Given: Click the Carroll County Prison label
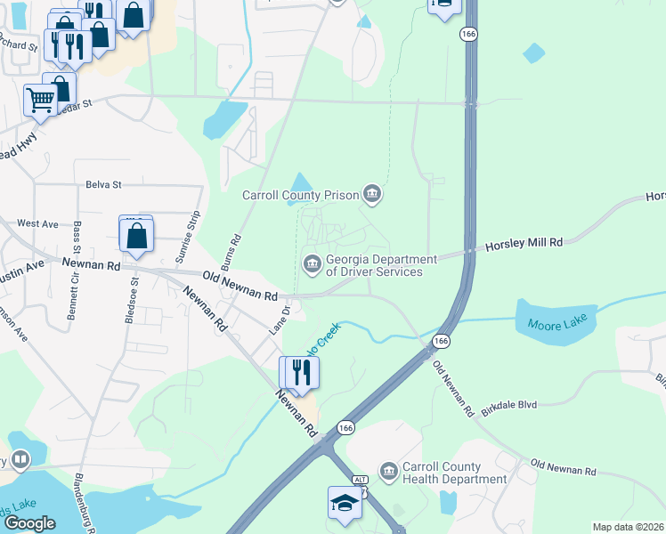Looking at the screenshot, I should [x=300, y=195].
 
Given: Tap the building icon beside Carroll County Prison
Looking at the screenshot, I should [x=372, y=194].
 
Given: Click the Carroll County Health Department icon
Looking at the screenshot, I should [x=388, y=470].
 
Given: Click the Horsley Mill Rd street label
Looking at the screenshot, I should [x=524, y=242].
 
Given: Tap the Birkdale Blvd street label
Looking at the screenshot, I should [x=508, y=404].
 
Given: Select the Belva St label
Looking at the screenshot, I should [x=103, y=184].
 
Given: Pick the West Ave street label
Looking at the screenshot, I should [x=37, y=223].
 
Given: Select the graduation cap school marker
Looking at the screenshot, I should [x=345, y=502].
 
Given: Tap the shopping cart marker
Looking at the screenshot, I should [x=40, y=101].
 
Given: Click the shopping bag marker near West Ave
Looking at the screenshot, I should [x=136, y=236].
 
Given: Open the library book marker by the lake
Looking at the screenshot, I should [x=19, y=459].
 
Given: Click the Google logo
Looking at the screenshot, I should [x=29, y=523].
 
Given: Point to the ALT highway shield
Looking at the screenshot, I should [x=360, y=480].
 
